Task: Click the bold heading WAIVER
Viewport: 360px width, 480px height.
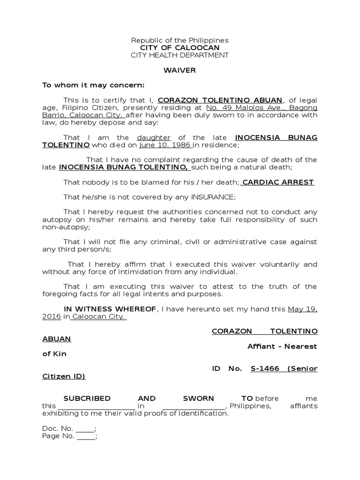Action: coord(180,70)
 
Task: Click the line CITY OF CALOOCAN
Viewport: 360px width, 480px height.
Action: coord(180,48)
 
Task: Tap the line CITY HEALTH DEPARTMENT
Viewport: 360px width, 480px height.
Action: coord(180,55)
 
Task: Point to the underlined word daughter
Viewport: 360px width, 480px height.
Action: coord(154,137)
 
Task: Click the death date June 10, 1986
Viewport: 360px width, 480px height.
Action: coord(164,145)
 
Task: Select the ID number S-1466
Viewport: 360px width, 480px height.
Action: coord(265,368)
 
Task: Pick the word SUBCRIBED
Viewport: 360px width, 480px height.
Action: coord(87,398)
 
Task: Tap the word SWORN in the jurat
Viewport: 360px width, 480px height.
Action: coord(198,398)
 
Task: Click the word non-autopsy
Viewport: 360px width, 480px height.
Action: coord(65,227)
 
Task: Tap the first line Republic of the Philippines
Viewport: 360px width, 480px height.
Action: coord(180,40)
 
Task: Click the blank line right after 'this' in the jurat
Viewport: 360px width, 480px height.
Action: coord(96,406)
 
